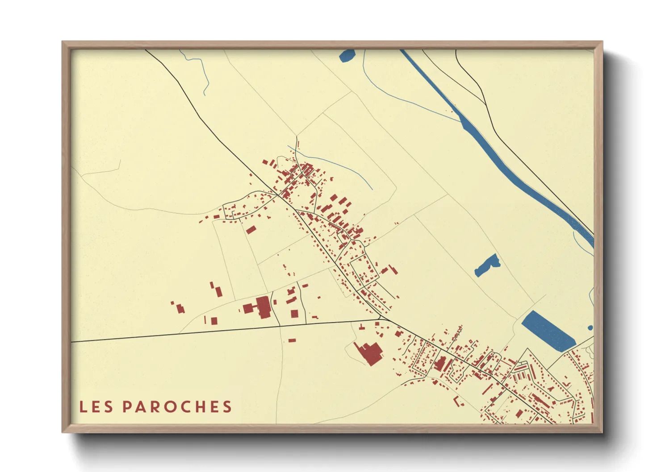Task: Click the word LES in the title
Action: click(x=96, y=406)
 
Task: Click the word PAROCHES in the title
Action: click(x=177, y=406)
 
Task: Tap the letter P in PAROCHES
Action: click(x=127, y=406)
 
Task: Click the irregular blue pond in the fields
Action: click(x=486, y=265)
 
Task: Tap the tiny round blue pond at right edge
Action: click(x=590, y=328)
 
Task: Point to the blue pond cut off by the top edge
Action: click(x=347, y=55)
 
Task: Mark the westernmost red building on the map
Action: click(x=172, y=303)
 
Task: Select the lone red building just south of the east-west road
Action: click(x=292, y=340)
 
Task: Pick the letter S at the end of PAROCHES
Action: click(x=228, y=406)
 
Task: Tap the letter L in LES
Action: click(x=83, y=406)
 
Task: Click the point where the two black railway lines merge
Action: click(x=485, y=104)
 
